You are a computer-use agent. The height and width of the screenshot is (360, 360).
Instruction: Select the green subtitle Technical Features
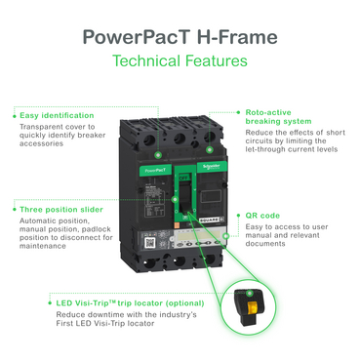(x=180, y=61)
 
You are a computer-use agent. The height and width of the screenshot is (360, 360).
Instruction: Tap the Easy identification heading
(x=57, y=115)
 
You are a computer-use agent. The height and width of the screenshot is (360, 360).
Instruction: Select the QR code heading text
(x=263, y=213)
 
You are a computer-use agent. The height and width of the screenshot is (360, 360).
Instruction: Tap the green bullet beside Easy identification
(x=14, y=115)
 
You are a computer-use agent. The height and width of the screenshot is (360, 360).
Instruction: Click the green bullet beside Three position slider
(x=14, y=209)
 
